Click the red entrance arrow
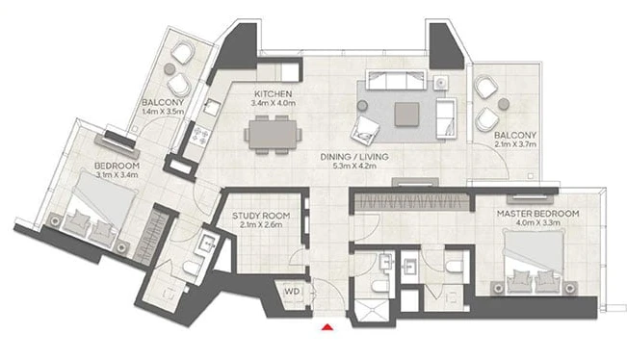tap(327, 327)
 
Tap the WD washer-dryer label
tap(292, 292)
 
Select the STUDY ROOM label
tap(261, 216)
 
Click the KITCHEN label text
tap(274, 94)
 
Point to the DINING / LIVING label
tap(354, 157)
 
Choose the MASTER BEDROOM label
tap(537, 214)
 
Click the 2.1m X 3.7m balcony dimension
tap(515, 144)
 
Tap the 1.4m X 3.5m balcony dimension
tap(163, 112)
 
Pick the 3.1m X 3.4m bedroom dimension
tap(118, 174)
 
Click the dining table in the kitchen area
tap(274, 135)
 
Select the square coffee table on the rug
tap(406, 115)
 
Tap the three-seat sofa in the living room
tap(396, 80)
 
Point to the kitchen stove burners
tap(200, 135)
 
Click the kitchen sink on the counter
tap(212, 107)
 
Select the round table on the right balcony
tap(504, 104)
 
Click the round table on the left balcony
tap(170, 68)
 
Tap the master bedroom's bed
tap(534, 262)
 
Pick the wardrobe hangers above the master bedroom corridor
tap(412, 201)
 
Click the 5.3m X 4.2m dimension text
tap(354, 166)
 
